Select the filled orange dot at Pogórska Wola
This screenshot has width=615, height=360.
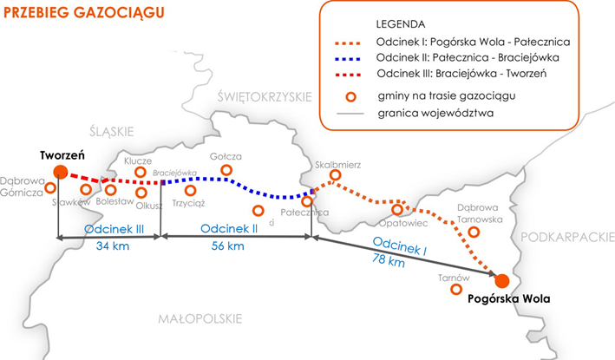501,280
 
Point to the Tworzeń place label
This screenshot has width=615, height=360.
61,154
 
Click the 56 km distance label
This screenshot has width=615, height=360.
229,246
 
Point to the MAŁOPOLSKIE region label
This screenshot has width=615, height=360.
199,319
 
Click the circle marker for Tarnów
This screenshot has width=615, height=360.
455,290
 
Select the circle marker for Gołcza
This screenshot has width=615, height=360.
227,170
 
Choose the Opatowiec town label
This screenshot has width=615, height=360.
395,223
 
